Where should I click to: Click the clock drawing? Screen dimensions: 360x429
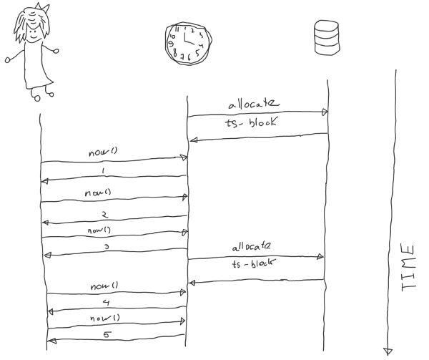(x=187, y=42)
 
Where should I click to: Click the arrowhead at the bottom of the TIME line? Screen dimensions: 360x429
(x=388, y=350)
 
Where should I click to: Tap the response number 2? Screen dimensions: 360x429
(x=104, y=214)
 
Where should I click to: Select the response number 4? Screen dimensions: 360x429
(x=106, y=303)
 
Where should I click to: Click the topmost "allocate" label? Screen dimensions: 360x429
(x=254, y=104)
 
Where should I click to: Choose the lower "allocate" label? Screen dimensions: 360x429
(x=255, y=248)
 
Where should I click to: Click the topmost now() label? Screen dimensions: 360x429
(x=100, y=153)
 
